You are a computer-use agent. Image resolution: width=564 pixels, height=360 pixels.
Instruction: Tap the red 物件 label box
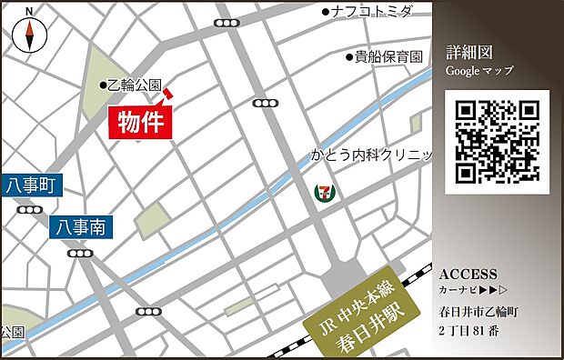(x=142, y=123)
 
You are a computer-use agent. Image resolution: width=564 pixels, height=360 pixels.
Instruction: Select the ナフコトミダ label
(x=373, y=12)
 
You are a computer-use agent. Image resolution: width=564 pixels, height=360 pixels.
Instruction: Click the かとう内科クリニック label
(x=371, y=155)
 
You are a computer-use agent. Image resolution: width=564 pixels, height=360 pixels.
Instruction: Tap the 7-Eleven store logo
(x=323, y=192)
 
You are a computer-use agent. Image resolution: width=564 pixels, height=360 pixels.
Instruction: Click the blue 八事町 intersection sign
(x=30, y=186)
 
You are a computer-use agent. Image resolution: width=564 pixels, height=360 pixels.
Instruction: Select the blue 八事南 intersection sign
(x=82, y=225)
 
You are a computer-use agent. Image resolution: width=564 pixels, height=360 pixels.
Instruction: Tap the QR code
(x=498, y=141)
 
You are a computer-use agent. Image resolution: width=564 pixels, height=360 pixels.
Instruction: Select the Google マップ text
(x=479, y=71)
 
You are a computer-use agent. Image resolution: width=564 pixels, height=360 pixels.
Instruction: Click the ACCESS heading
(x=468, y=275)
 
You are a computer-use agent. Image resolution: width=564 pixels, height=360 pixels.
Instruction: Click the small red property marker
(x=168, y=94)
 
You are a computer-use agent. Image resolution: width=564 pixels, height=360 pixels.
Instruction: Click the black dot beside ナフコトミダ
(x=327, y=12)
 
